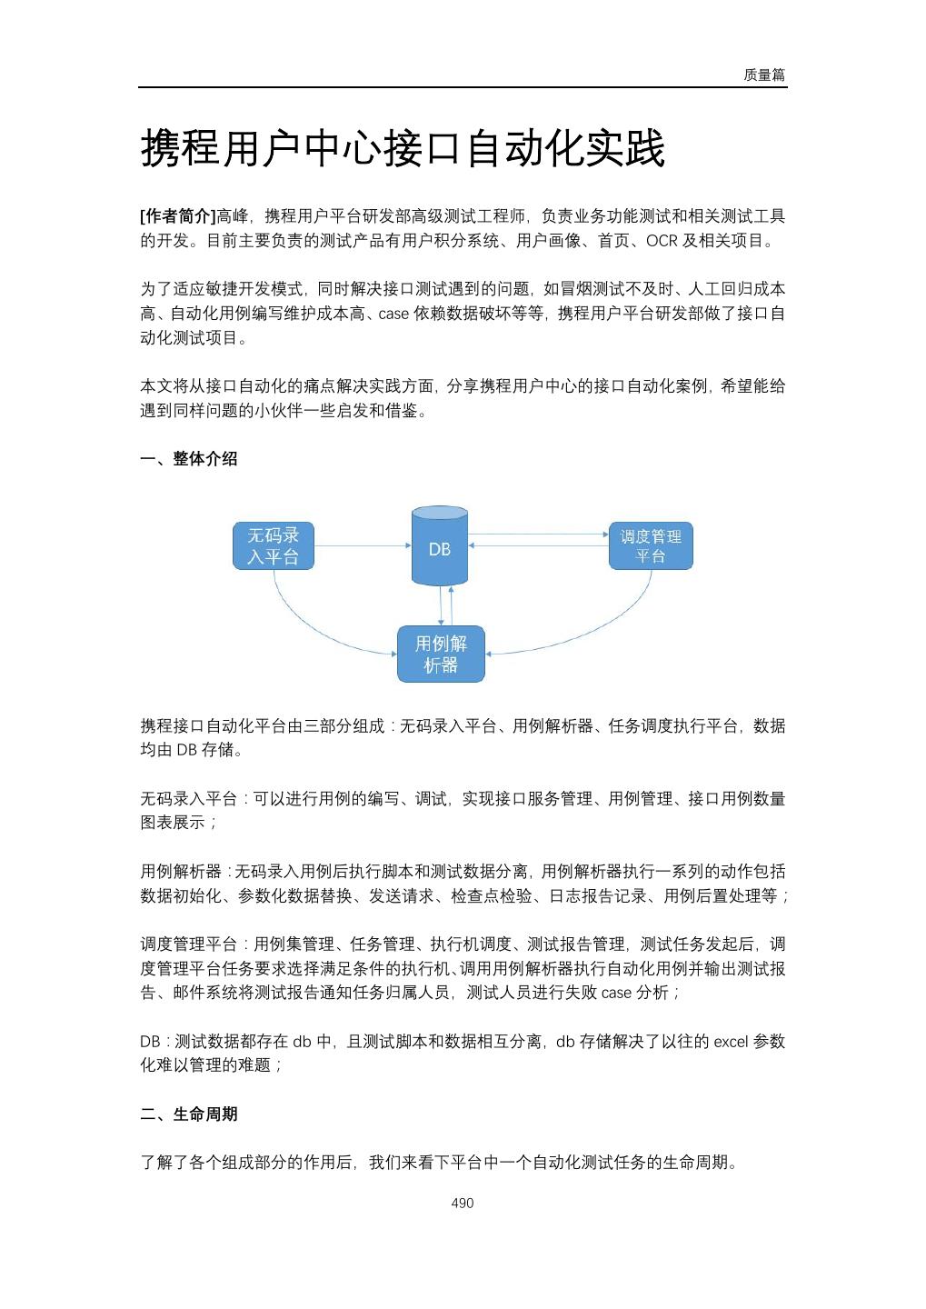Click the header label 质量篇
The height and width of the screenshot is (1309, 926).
[763, 75]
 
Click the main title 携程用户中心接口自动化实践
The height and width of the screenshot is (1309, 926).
[403, 149]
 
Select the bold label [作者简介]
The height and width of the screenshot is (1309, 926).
[178, 216]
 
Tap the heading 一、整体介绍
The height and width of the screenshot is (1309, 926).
[189, 459]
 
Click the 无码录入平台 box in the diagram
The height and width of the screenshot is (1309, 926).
[274, 545]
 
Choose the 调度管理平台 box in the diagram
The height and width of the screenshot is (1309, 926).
[651, 545]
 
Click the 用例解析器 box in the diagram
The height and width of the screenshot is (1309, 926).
[441, 654]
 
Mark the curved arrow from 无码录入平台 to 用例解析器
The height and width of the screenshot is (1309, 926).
[309, 626]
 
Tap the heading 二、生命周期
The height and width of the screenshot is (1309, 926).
[189, 1114]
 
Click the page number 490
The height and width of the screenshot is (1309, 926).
[463, 1204]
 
